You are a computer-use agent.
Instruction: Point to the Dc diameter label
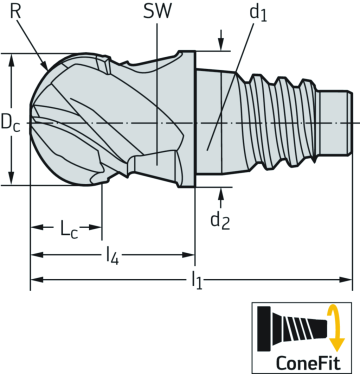tap(10, 124)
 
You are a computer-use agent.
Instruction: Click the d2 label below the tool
tap(221, 220)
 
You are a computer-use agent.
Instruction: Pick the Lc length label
tap(67, 228)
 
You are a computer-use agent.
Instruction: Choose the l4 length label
tap(113, 256)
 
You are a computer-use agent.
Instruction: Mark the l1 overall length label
tap(196, 284)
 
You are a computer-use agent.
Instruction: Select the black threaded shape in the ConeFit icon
tap(296, 327)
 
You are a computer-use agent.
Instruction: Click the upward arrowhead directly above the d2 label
tap(220, 190)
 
